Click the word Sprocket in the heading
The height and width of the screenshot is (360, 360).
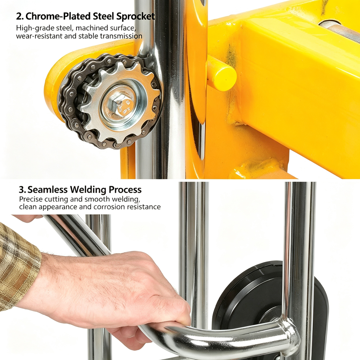pos(135,16)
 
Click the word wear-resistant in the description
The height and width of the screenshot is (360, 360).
pos(39,36)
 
